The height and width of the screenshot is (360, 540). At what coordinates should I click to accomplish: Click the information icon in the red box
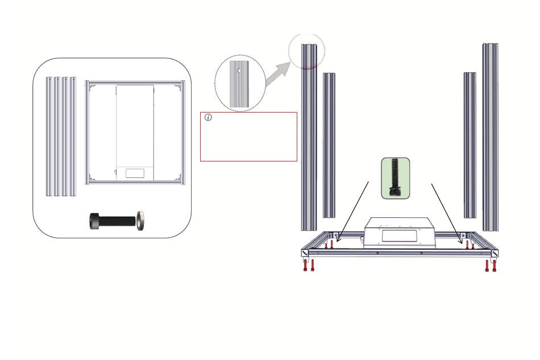click(x=208, y=118)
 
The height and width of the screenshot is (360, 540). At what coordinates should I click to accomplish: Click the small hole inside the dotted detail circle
click(x=239, y=72)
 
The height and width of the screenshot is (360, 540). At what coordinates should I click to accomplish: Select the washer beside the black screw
click(x=140, y=220)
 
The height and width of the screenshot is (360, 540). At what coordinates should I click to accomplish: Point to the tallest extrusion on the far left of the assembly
click(x=309, y=136)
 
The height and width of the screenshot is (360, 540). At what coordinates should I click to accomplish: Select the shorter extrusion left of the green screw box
click(x=329, y=145)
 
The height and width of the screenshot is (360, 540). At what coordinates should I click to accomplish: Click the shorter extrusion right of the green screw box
click(x=470, y=145)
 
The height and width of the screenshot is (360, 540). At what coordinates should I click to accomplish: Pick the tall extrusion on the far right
click(x=490, y=136)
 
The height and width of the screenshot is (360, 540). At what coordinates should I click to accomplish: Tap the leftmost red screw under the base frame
click(x=306, y=265)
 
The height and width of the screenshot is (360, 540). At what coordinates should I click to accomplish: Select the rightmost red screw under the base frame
click(x=494, y=265)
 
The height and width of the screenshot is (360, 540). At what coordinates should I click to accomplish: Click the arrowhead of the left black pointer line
click(x=338, y=241)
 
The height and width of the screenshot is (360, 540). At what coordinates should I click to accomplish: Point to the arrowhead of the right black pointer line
click(x=461, y=241)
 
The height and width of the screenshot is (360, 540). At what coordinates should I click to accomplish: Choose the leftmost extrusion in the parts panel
click(x=48, y=136)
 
